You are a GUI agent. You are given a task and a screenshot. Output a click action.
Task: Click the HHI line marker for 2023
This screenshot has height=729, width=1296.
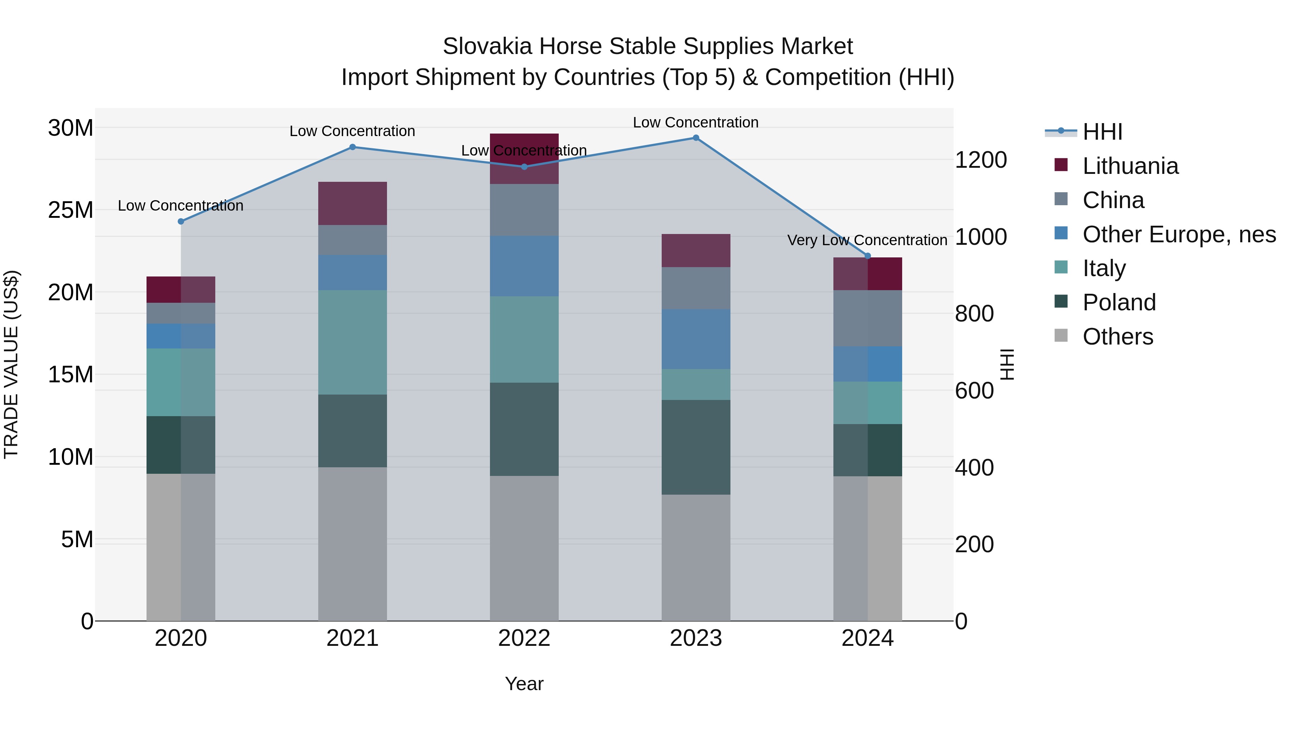click(x=696, y=138)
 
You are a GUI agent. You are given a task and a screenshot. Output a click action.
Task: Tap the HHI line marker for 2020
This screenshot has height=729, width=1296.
click(x=181, y=221)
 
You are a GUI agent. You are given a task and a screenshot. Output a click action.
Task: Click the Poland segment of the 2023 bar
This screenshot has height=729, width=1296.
click(x=696, y=447)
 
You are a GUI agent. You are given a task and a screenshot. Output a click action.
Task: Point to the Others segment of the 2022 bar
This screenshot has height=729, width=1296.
click(x=524, y=548)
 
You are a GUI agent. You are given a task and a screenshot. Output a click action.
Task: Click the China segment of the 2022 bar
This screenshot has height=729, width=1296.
click(x=524, y=210)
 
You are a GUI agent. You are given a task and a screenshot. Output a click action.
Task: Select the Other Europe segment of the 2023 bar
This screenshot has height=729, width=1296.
click(x=696, y=339)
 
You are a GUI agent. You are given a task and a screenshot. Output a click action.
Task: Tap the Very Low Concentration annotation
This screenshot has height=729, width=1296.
click(x=867, y=240)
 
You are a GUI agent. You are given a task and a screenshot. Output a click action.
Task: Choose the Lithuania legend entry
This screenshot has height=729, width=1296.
click(x=1130, y=166)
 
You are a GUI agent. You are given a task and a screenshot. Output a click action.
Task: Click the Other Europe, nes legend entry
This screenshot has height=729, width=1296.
click(x=1179, y=234)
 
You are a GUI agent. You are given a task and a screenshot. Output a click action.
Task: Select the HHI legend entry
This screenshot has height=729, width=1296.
click(x=1102, y=132)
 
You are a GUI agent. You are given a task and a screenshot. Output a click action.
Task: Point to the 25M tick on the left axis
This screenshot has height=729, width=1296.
click(x=71, y=210)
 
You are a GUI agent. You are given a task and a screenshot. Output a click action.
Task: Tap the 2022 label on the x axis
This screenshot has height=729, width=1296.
click(x=524, y=638)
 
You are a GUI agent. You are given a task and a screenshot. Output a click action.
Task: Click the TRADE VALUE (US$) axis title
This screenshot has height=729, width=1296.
click(x=11, y=364)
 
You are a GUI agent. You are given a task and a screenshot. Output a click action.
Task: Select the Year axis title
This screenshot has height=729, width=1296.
click(x=524, y=684)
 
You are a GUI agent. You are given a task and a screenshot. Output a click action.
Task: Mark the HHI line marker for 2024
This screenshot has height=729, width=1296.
click(x=867, y=256)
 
